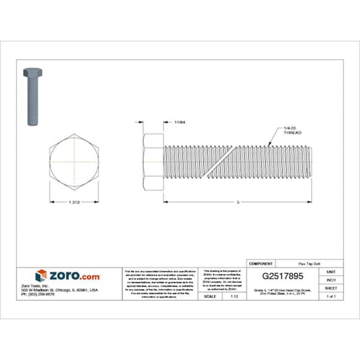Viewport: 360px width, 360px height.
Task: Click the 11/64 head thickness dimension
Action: coord(179,122)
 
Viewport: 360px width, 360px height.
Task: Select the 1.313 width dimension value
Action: coord(74,203)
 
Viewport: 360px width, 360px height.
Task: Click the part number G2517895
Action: coord(282,276)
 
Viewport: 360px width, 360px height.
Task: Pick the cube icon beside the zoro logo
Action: coord(41,275)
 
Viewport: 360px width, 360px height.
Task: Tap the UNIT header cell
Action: coord(331,272)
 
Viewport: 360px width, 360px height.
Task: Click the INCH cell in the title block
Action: coord(331,279)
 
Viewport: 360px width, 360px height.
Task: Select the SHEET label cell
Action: coord(331,288)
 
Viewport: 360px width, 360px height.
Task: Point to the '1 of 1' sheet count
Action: coord(331,296)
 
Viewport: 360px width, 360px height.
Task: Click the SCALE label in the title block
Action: coord(209,296)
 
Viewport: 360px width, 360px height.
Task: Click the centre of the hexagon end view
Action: coord(74,163)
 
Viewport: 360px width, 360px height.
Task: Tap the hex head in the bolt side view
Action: coord(153,163)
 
